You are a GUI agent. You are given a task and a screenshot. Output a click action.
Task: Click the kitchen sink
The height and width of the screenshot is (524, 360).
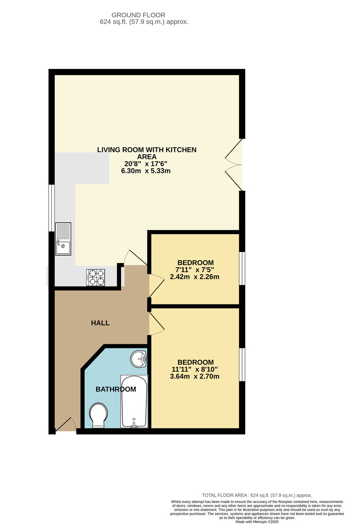(x=63, y=238)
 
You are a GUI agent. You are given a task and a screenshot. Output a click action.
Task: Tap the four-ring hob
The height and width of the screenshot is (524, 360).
(x=96, y=277)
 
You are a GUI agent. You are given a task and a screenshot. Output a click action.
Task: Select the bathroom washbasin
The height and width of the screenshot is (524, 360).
(x=138, y=359)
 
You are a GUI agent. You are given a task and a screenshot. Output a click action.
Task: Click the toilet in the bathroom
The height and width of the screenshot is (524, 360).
(x=99, y=415)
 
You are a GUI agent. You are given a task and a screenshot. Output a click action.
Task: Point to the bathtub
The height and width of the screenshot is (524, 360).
(x=134, y=401)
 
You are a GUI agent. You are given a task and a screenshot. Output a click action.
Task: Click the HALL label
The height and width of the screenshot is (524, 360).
(x=100, y=323)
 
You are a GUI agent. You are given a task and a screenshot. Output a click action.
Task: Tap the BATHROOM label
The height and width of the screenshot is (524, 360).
(x=116, y=389)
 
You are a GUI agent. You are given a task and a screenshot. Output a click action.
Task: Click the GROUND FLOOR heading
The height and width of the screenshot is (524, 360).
(x=138, y=15)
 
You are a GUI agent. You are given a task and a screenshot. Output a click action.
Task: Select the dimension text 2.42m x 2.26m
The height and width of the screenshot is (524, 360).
(x=194, y=277)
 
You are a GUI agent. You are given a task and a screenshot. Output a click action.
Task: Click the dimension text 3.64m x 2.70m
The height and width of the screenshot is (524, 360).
(x=194, y=376)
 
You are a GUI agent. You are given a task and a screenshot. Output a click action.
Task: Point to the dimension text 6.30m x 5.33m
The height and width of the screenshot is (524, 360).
(x=145, y=171)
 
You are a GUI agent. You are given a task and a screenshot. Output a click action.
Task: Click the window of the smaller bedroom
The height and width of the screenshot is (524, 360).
(x=242, y=268)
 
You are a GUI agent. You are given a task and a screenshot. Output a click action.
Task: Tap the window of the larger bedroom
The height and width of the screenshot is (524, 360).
(x=242, y=365)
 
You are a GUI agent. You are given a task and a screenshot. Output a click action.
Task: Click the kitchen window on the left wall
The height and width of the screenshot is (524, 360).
(x=52, y=208)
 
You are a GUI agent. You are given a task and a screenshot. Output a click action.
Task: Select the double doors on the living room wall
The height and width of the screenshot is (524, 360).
(x=233, y=165)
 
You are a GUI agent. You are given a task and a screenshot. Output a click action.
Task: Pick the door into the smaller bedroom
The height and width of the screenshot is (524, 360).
(x=156, y=286)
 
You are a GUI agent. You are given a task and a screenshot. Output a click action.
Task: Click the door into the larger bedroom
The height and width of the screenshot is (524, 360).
(x=156, y=323)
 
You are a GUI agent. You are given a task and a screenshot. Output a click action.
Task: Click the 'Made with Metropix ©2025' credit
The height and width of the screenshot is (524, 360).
(x=257, y=522)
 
